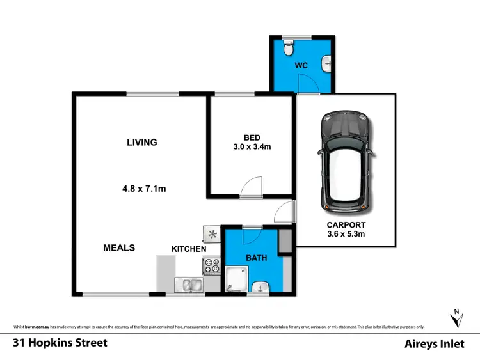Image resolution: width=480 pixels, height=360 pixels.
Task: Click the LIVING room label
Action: (141, 142)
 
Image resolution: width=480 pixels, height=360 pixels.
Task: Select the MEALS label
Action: (119, 247)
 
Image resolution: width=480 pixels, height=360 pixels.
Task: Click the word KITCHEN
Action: (189, 249)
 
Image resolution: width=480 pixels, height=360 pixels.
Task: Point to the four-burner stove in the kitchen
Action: (211, 263)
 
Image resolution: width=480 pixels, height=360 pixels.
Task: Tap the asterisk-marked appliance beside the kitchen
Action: (212, 234)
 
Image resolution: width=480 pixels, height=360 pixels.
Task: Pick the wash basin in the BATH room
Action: (260, 286)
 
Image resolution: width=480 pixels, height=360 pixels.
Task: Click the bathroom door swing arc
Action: (250, 235)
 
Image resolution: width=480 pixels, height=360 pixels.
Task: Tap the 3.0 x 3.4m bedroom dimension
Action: (252, 146)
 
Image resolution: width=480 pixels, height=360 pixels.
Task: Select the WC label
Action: (302, 65)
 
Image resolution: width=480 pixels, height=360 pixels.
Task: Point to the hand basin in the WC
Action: (327, 61)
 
